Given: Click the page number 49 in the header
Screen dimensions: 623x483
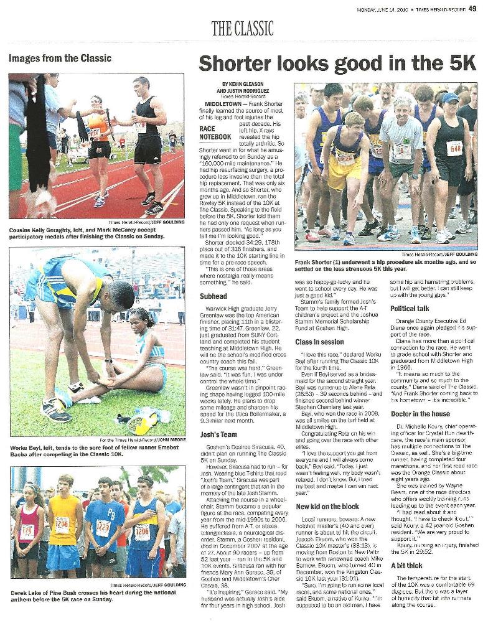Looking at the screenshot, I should (472, 9).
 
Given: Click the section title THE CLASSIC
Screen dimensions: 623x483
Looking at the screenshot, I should (242, 28).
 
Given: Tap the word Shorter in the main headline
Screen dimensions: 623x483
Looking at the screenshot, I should (238, 64).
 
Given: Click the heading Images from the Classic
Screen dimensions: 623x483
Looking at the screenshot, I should (60, 58).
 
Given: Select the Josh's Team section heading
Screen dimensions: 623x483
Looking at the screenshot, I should (218, 434).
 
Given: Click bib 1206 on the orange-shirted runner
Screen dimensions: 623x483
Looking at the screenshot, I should (61, 523).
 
